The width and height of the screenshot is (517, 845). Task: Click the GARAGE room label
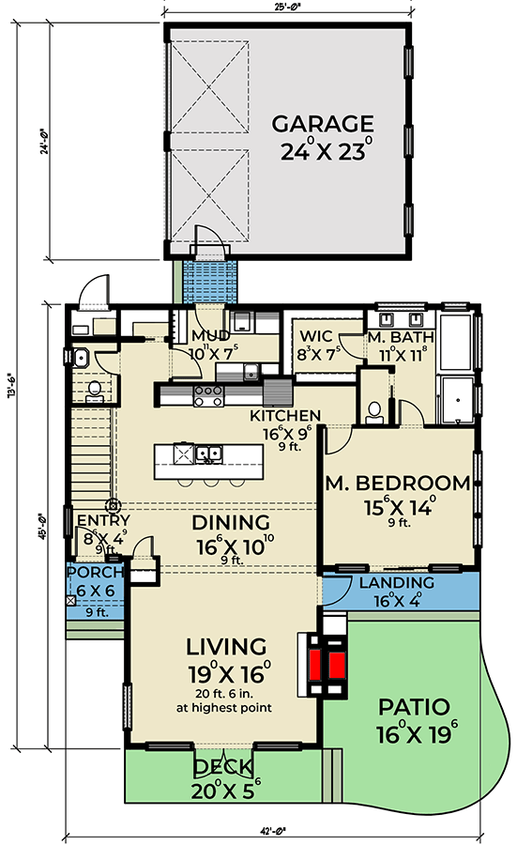click(323, 124)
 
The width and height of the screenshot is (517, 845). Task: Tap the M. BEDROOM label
click(398, 484)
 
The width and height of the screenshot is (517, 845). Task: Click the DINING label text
click(231, 522)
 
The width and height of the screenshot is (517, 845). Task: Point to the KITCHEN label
click(285, 416)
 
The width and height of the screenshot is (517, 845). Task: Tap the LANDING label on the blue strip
click(396, 583)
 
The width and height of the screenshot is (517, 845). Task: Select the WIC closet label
click(312, 336)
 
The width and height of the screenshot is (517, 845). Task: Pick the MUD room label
click(210, 336)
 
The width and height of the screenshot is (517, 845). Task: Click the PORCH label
click(96, 574)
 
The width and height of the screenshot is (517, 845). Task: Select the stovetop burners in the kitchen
click(206, 396)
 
